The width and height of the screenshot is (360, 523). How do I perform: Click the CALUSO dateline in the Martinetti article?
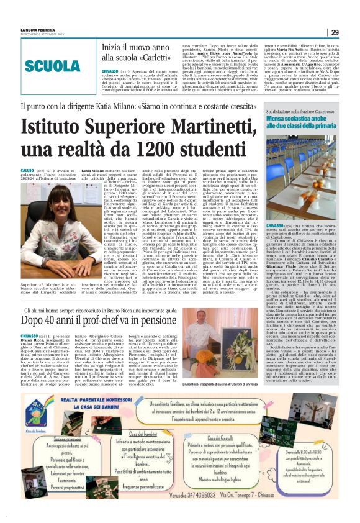[28, 170]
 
